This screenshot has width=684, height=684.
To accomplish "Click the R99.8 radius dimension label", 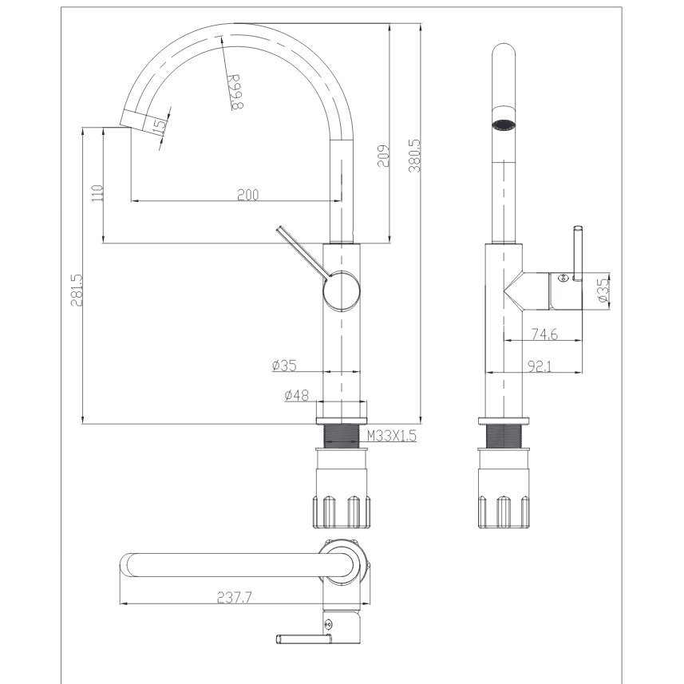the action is click(x=235, y=92).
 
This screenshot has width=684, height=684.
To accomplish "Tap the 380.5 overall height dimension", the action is click(x=414, y=156).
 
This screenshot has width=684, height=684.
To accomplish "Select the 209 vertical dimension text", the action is click(x=383, y=156).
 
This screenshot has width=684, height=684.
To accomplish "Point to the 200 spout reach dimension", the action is click(x=247, y=195).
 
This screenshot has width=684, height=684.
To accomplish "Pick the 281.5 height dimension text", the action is click(x=77, y=290).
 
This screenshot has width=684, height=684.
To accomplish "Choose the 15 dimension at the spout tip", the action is click(x=160, y=125).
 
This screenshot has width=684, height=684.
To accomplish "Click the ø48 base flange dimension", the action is click(x=297, y=395).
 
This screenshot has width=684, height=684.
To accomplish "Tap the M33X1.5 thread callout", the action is click(x=392, y=435).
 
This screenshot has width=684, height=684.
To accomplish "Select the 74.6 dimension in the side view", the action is click(x=544, y=334).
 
